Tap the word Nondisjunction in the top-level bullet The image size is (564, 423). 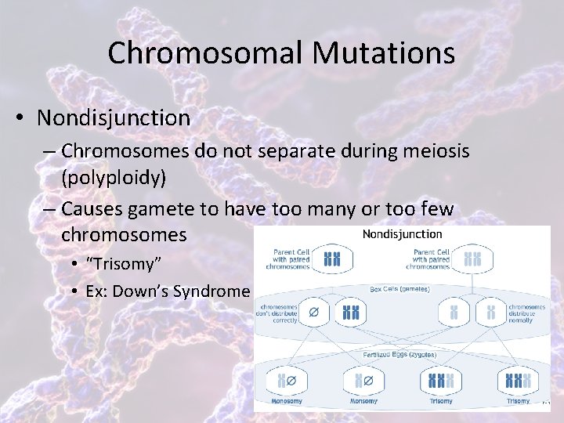point(114,118)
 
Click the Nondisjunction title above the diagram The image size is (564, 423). point(402,233)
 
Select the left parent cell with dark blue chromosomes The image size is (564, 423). point(333,258)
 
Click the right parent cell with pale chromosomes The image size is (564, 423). point(472,258)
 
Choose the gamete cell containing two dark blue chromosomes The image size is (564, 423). point(349,313)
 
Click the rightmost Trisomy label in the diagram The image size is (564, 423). point(518,401)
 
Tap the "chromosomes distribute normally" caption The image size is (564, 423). point(526,313)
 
